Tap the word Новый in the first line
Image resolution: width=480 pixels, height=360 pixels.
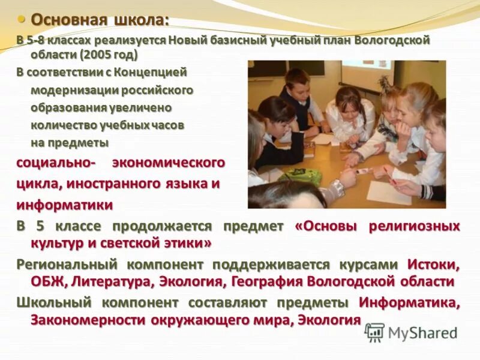point(187,41)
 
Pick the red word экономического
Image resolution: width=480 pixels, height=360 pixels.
point(169,163)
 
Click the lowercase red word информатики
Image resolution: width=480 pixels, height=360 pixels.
point(65,205)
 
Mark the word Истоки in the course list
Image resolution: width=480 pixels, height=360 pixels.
point(433,265)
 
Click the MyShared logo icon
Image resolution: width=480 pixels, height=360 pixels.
point(375,332)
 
